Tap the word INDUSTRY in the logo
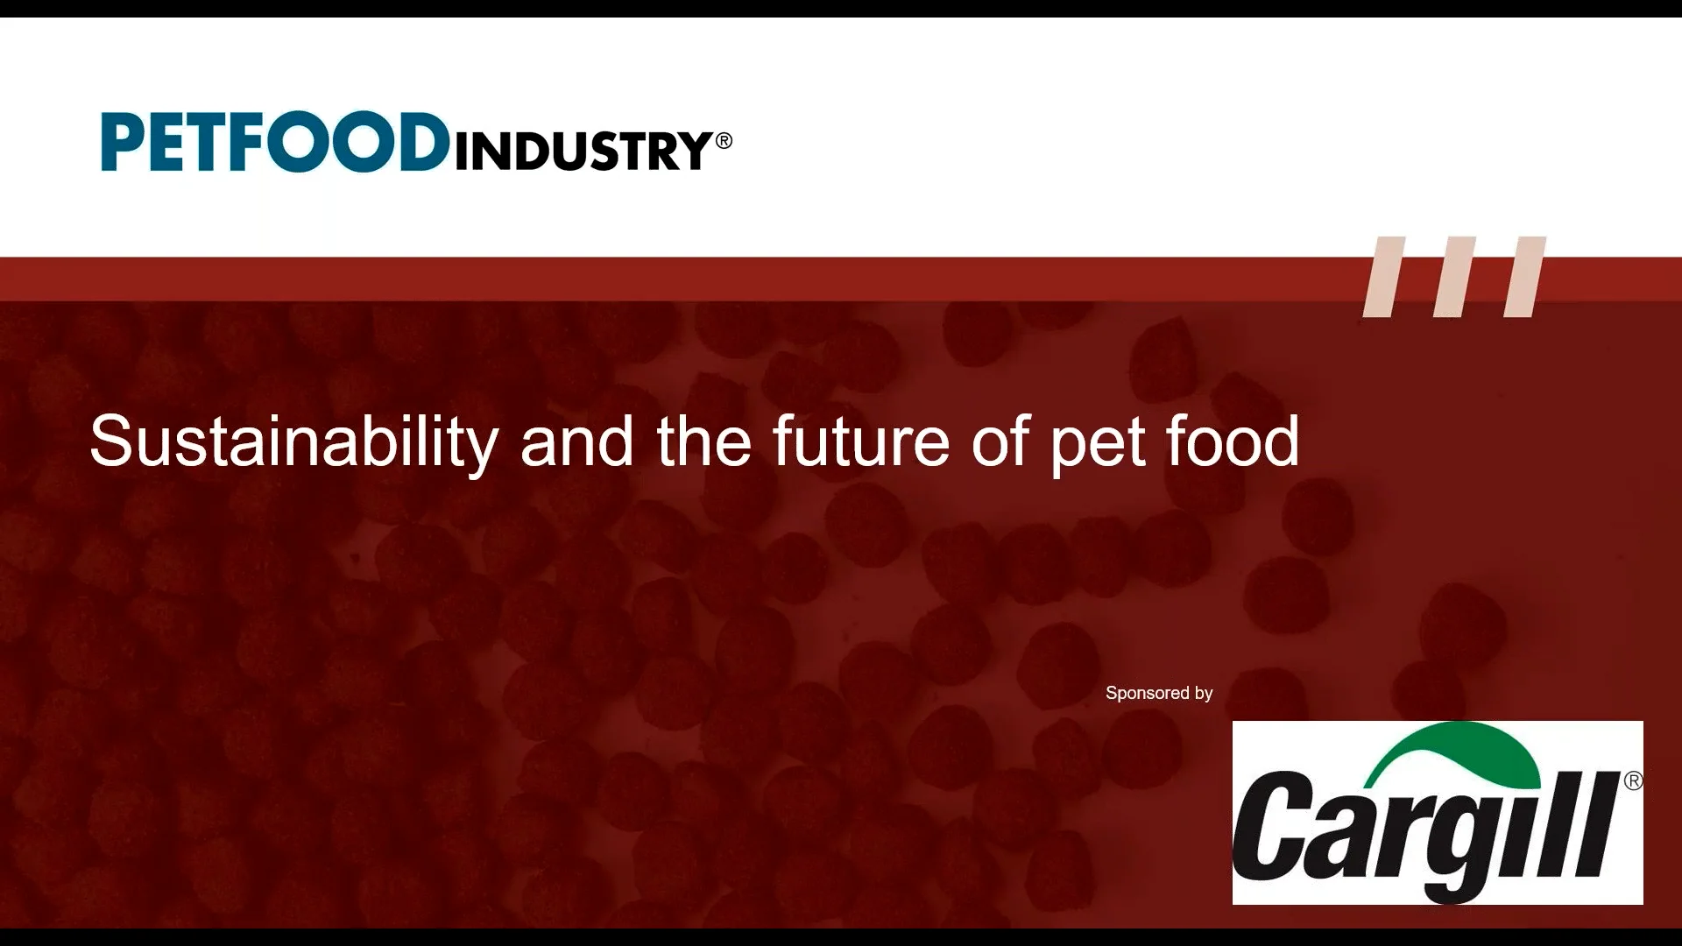[583, 151]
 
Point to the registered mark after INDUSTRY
[724, 140]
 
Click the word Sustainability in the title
[294, 442]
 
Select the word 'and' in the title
[576, 441]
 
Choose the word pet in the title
[1098, 446]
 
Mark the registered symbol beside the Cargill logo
[1634, 780]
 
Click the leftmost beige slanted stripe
[1384, 277]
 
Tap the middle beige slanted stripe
[1454, 277]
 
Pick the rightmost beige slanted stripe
[1525, 277]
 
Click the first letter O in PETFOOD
[299, 141]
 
